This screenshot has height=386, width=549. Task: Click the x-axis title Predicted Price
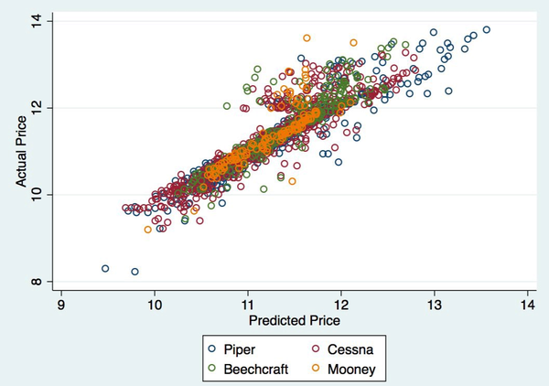294,321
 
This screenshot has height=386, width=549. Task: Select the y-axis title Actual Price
20,151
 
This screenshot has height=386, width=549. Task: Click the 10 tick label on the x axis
155,304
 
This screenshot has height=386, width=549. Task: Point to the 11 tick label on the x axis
248,304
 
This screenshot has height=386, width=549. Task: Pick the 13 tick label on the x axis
434,304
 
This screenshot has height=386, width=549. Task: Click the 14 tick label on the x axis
527,304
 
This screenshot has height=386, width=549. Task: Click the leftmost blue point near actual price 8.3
105,269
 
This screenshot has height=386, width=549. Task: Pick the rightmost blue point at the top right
487,29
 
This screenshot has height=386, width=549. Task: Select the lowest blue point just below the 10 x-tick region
135,272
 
